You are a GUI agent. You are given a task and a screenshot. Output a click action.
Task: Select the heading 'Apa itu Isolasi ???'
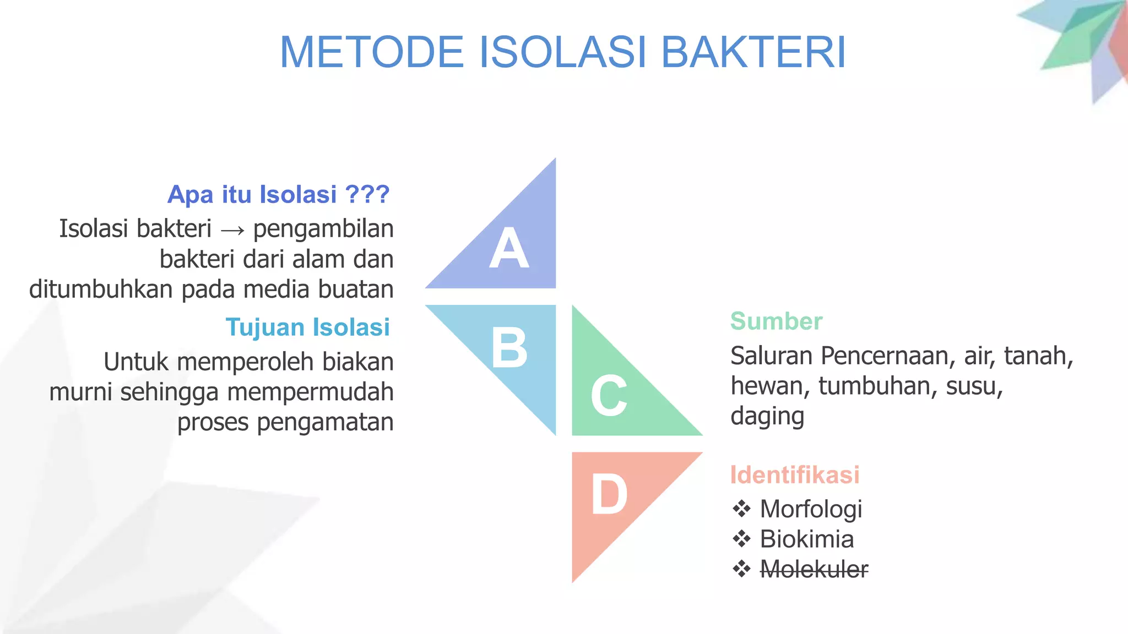[279, 195]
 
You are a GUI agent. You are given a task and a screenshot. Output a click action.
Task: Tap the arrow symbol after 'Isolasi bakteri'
[232, 231]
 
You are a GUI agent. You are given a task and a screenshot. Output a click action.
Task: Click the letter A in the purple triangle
[509, 249]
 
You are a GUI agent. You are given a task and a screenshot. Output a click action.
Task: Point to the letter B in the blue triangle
[509, 348]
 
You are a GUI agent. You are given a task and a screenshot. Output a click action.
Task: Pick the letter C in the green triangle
[609, 396]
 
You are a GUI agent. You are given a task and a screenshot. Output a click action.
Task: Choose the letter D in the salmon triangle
[609, 495]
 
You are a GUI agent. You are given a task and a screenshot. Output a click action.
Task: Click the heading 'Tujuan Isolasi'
[307, 327]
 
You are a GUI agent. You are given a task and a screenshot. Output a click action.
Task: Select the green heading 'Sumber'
[776, 321]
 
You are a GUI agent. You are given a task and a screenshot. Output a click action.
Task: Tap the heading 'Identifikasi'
[794, 475]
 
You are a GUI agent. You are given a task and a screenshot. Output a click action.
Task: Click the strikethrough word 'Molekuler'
[814, 569]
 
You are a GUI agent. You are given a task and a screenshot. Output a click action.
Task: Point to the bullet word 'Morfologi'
[811, 510]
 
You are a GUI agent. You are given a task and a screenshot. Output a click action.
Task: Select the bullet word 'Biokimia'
[806, 539]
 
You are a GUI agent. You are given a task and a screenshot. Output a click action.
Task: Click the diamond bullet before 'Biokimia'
[741, 539]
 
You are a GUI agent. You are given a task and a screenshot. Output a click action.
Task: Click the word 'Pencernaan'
[887, 356]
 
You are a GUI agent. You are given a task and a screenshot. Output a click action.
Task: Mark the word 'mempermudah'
[310, 392]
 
